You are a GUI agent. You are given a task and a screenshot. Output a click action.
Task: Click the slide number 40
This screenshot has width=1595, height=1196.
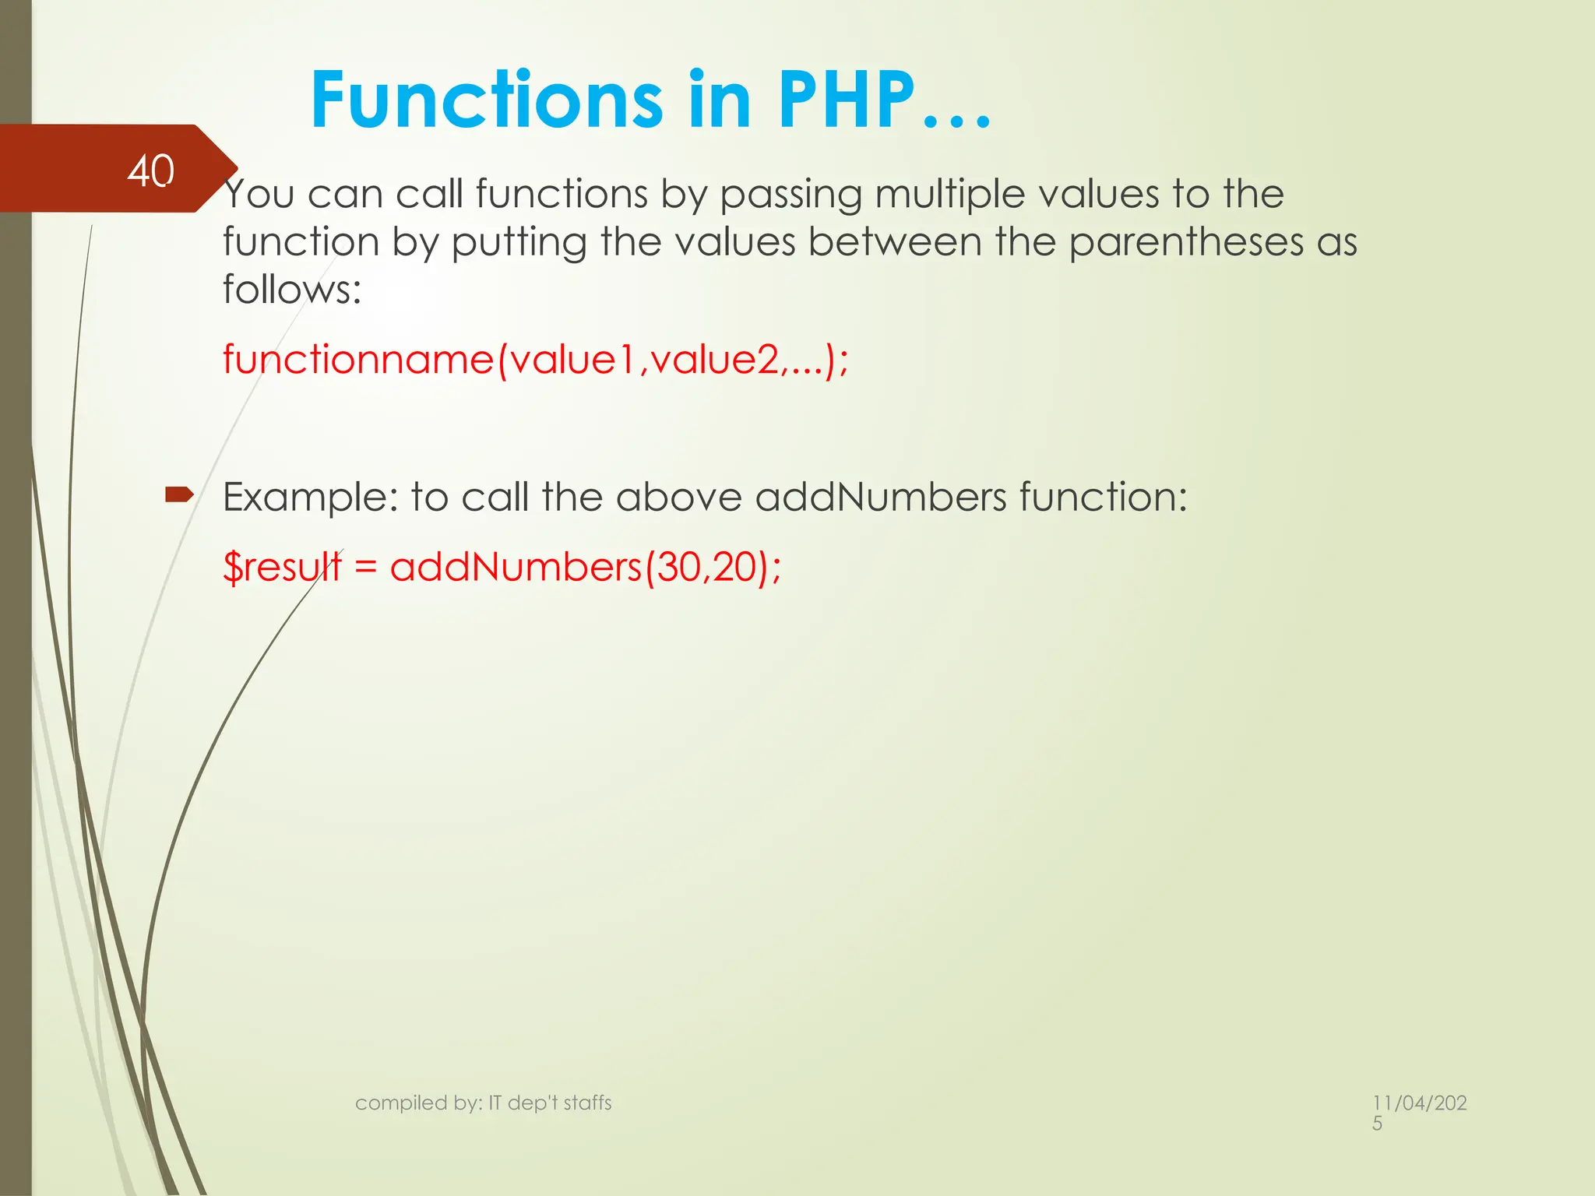coord(151,171)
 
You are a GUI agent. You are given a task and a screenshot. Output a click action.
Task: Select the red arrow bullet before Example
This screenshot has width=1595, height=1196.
coord(179,494)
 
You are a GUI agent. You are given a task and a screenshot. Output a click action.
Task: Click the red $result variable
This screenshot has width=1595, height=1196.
coord(282,567)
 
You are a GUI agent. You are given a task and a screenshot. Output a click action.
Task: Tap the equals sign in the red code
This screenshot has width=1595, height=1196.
coord(365,567)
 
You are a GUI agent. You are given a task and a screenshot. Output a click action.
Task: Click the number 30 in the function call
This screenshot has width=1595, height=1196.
coord(679,567)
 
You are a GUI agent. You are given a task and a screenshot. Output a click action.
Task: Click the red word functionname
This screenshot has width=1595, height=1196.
coord(358,360)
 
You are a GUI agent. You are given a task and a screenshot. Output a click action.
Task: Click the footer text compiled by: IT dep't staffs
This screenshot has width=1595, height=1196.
coord(483,1103)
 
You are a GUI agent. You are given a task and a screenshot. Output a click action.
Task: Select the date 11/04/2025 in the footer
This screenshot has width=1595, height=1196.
coord(1419,1112)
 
